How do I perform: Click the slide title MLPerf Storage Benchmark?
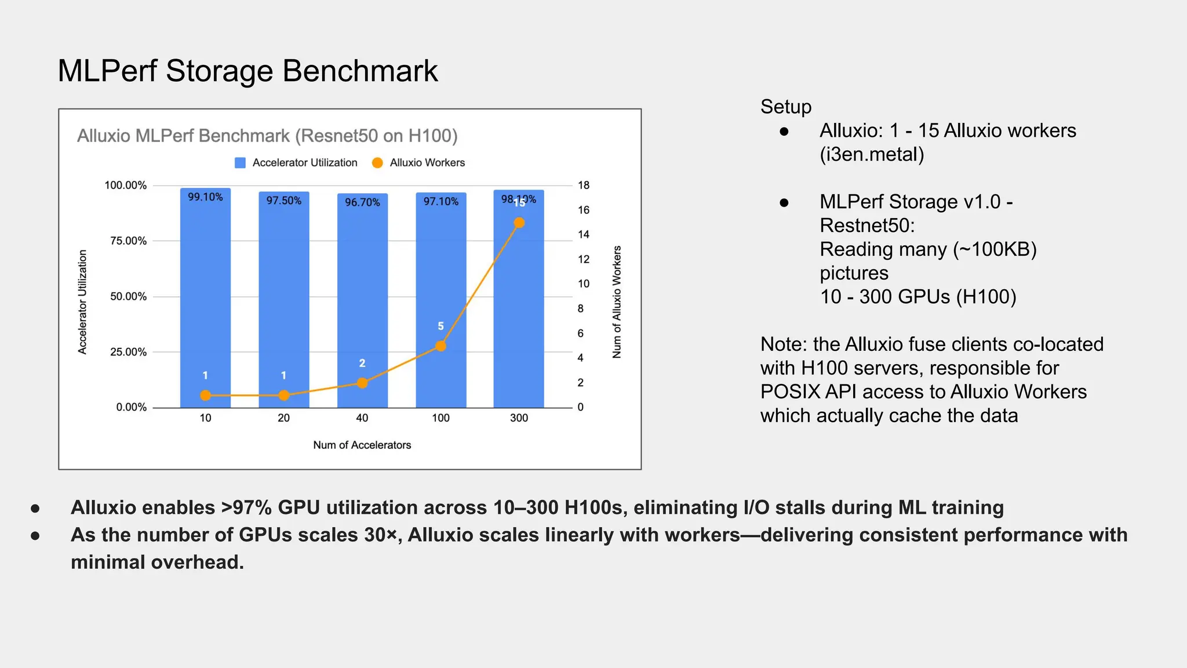(x=247, y=71)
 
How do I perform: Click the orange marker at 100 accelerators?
(x=440, y=346)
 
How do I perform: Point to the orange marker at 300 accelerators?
(x=519, y=223)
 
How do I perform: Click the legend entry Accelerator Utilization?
(x=296, y=163)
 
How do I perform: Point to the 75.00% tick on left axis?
(x=128, y=241)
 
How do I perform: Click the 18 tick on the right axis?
(x=583, y=186)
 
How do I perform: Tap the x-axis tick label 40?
(x=362, y=418)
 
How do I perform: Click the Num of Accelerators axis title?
(x=362, y=445)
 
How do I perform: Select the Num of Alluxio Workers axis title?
(x=617, y=302)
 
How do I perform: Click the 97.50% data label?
(x=283, y=201)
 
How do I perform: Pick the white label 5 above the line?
(x=440, y=326)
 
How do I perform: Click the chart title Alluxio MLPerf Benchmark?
(x=267, y=136)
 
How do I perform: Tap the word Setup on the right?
(x=785, y=107)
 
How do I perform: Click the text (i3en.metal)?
(x=871, y=154)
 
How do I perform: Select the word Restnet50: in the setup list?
(x=866, y=226)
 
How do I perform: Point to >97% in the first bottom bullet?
(x=246, y=508)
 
